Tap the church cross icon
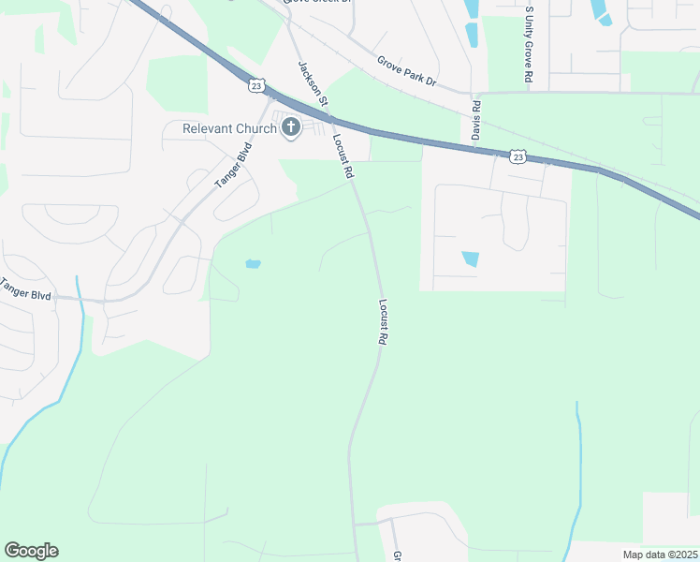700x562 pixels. point(290,127)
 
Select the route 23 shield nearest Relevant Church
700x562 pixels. point(256,85)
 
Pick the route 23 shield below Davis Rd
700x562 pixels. point(518,157)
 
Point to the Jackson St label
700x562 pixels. point(313,83)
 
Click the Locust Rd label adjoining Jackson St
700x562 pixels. point(343,156)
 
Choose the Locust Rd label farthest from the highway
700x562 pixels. point(384,323)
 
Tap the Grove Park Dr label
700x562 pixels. point(407,70)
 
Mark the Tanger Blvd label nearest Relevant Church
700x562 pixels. point(234,166)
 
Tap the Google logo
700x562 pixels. point(31,551)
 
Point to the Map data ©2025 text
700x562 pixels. point(660,554)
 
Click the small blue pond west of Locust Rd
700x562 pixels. point(253,264)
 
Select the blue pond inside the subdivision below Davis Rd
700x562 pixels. point(470,259)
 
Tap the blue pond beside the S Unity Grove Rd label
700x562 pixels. point(600,10)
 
